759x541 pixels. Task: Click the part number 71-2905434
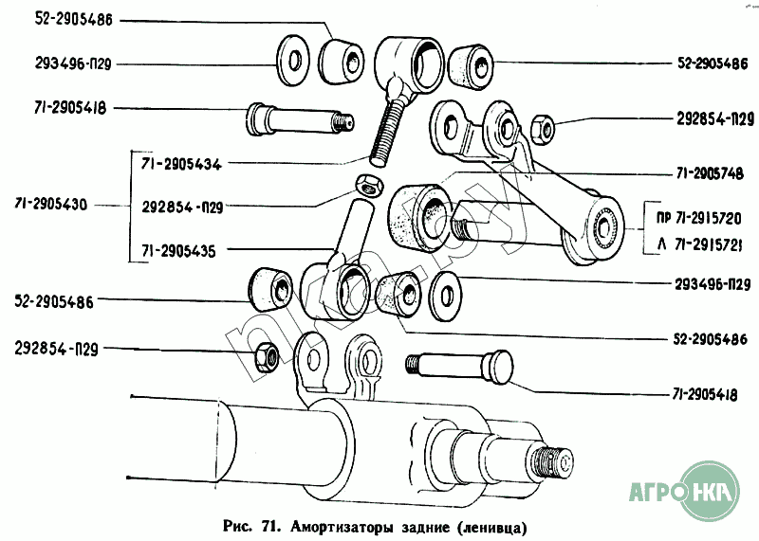click(x=180, y=164)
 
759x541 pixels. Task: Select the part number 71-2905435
click(x=178, y=250)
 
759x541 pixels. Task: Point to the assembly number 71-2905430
click(x=59, y=206)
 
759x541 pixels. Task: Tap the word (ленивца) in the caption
click(x=491, y=525)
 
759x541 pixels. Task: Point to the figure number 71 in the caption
click(x=270, y=525)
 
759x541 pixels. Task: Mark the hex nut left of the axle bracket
click(x=266, y=355)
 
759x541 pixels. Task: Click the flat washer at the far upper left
click(x=291, y=61)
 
